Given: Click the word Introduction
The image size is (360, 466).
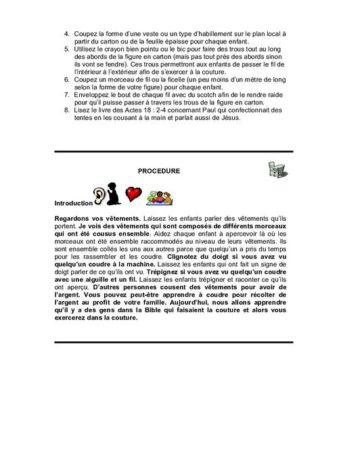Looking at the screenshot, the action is point(72,203).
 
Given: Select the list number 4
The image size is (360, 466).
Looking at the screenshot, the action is point(66,32).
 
